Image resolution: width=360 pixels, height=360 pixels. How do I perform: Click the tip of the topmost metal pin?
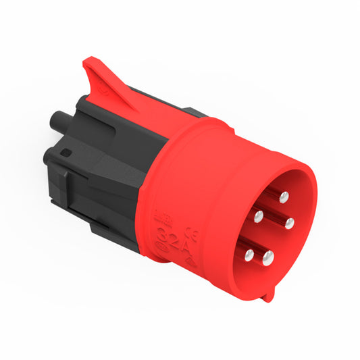tap(284, 197)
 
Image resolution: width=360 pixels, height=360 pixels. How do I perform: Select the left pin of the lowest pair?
tap(249, 255)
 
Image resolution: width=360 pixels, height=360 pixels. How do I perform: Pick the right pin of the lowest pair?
tap(269, 256)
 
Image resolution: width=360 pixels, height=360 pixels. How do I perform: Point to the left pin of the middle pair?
tap(258, 216)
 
